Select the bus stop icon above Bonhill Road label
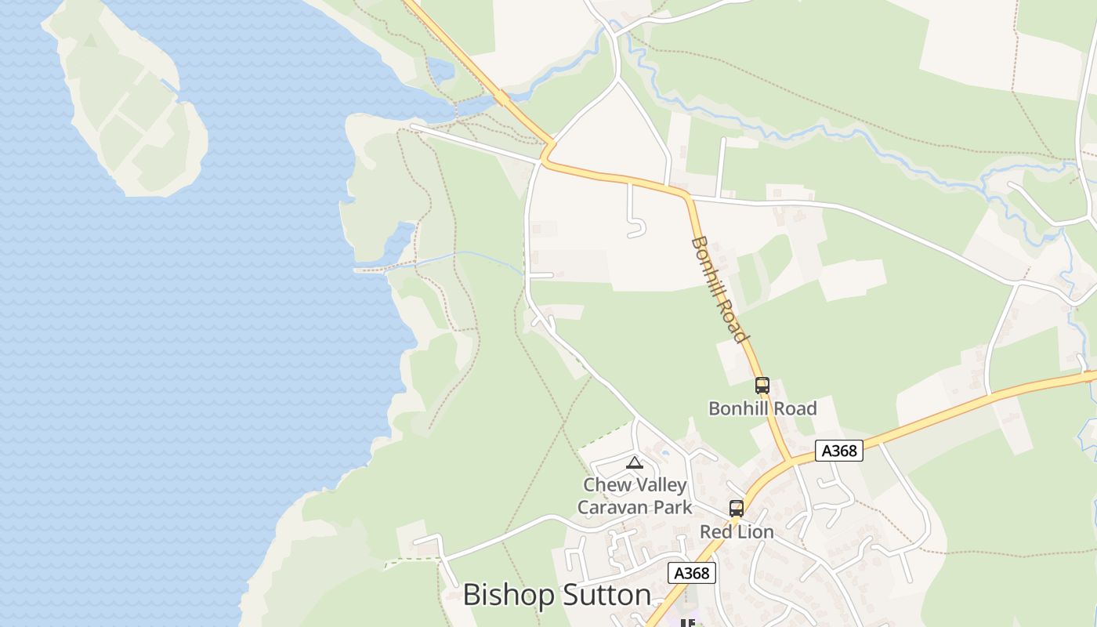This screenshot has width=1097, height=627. tap(762, 386)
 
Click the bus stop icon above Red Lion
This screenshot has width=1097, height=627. tap(736, 509)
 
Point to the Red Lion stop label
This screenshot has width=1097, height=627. tap(737, 532)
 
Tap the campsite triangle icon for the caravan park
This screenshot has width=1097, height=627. tap(635, 462)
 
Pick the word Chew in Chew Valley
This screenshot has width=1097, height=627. tap(606, 485)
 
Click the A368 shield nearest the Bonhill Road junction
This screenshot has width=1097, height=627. tap(838, 451)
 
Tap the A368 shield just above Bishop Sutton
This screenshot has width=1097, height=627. tap(692, 573)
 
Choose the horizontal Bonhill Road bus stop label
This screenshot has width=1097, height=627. tap(762, 408)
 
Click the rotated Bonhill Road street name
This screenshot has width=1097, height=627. tap(718, 288)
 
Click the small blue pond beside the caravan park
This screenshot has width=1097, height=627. tap(665, 453)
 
